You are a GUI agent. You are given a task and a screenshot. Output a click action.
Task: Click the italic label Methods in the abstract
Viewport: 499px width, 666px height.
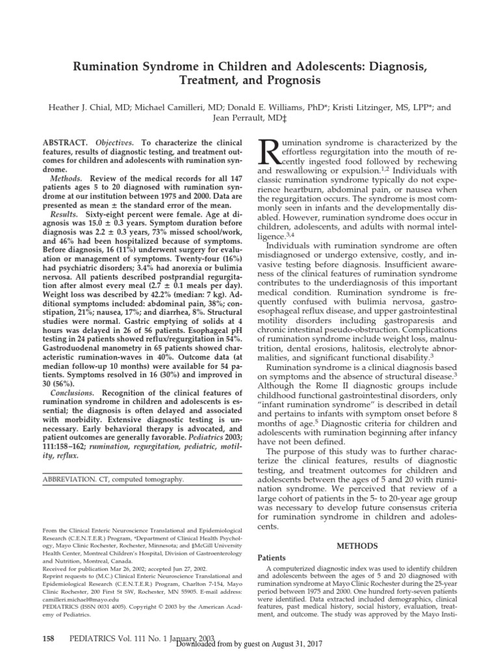pos(67,178)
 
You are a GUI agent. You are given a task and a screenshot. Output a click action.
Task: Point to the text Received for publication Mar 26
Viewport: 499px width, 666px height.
pos(84,576)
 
